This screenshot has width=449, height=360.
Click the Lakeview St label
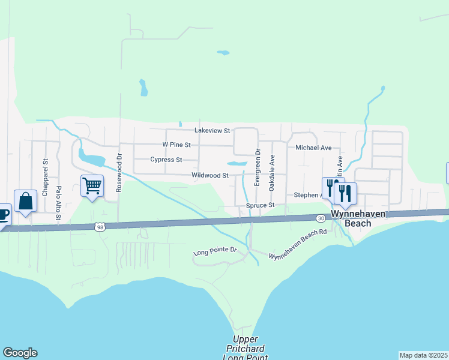pyautogui.click(x=212, y=130)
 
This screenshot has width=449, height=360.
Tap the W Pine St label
pyautogui.click(x=176, y=145)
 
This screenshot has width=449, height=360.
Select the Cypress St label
pyautogui.click(x=166, y=160)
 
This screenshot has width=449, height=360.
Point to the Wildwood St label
pyautogui.click(x=210, y=175)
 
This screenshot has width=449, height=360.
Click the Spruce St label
pyautogui.click(x=260, y=205)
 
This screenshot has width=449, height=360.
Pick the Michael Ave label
pyautogui.click(x=313, y=148)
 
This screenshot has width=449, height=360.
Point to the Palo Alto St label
pyautogui.click(x=59, y=203)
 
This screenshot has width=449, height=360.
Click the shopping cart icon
pyautogui.click(x=92, y=185)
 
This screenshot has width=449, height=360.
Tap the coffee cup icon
pyautogui.click(x=4, y=214)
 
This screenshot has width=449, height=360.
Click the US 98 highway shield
pyautogui.click(x=100, y=227)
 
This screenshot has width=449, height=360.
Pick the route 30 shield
pyautogui.click(x=322, y=218)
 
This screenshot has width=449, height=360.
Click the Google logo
pyautogui.click(x=20, y=353)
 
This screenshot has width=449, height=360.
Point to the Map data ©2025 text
pyautogui.click(x=423, y=355)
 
